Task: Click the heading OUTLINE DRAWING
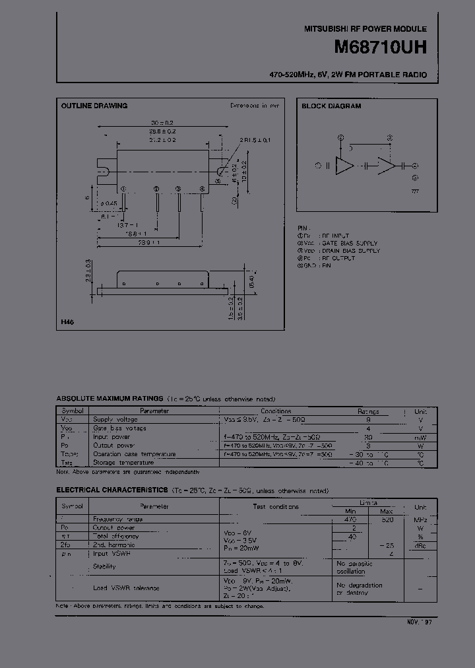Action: click(94, 106)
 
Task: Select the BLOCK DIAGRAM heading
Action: click(331, 106)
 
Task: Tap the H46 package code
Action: click(67, 322)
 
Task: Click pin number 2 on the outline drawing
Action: click(156, 189)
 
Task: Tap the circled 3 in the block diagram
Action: click(391, 138)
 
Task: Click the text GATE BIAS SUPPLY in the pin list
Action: click(350, 244)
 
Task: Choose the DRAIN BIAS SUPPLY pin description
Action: click(350, 251)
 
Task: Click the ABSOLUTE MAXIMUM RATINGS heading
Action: click(110, 399)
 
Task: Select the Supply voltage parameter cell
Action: click(115, 419)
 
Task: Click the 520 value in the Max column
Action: click(387, 519)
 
